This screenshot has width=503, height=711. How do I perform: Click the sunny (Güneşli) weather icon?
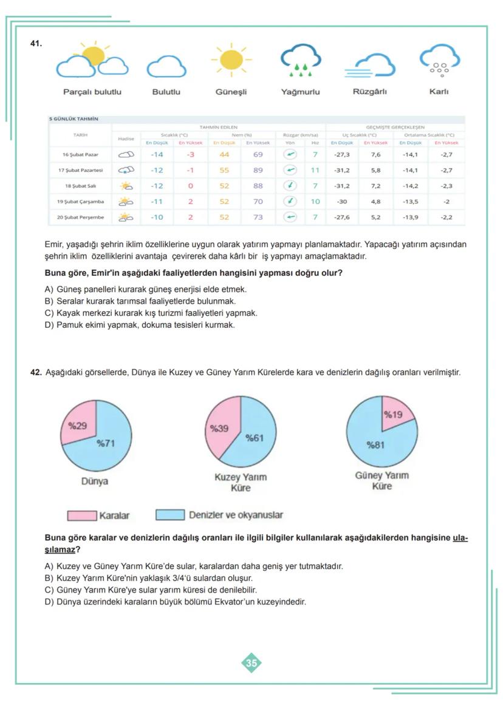click(231, 60)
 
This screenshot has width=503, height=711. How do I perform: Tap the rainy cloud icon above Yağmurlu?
click(300, 61)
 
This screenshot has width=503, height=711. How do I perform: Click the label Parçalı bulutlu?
click(92, 92)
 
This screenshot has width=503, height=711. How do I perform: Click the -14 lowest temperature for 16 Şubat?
click(157, 155)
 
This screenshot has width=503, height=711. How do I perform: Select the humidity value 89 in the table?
click(258, 171)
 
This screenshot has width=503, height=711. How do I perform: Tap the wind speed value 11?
click(315, 171)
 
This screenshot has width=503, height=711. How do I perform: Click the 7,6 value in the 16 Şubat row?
click(375, 155)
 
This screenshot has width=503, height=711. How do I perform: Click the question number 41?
click(36, 44)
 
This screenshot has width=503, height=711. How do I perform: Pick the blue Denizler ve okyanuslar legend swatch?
click(170, 515)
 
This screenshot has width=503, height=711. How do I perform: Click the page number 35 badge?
click(251, 663)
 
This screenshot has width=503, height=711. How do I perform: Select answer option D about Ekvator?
click(176, 602)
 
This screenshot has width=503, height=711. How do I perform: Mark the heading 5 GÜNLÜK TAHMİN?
click(74, 119)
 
